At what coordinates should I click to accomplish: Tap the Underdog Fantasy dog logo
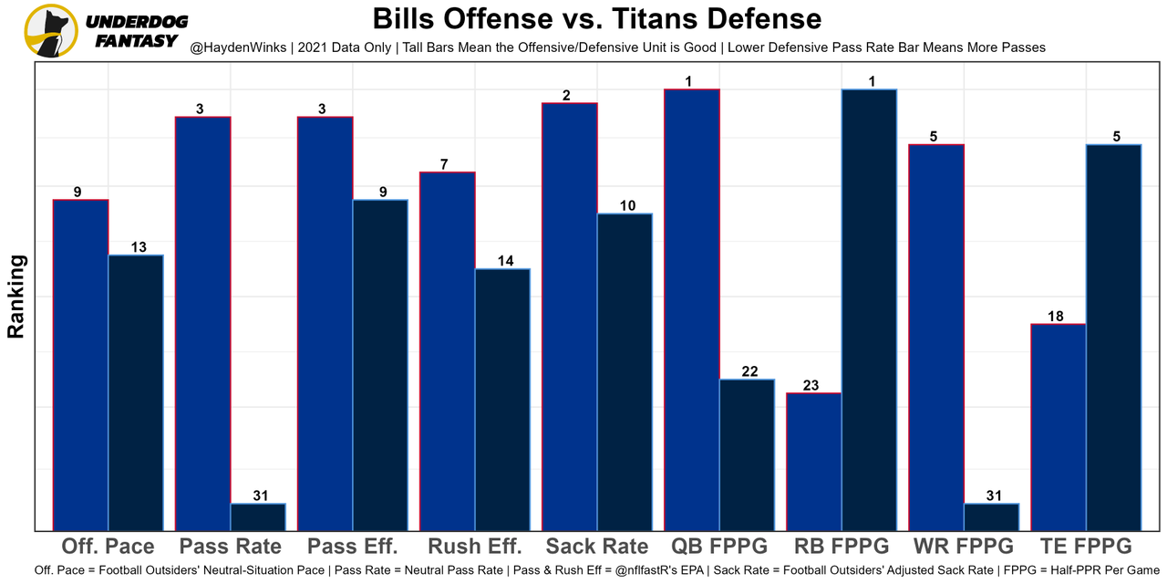tap(50, 30)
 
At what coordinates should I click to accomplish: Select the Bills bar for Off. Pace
tap(81, 364)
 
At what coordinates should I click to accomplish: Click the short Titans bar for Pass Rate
tap(258, 516)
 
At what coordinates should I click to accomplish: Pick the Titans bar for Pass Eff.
tap(380, 364)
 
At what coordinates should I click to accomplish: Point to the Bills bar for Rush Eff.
tap(448, 350)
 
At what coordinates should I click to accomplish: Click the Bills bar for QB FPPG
tap(692, 309)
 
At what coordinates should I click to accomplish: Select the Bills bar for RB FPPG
tap(814, 461)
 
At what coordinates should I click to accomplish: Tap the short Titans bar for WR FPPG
tap(991, 516)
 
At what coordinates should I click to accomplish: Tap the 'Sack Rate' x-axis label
tap(597, 547)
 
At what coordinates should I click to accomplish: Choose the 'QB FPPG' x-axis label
tap(719, 547)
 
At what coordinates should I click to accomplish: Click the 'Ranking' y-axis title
tap(16, 297)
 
